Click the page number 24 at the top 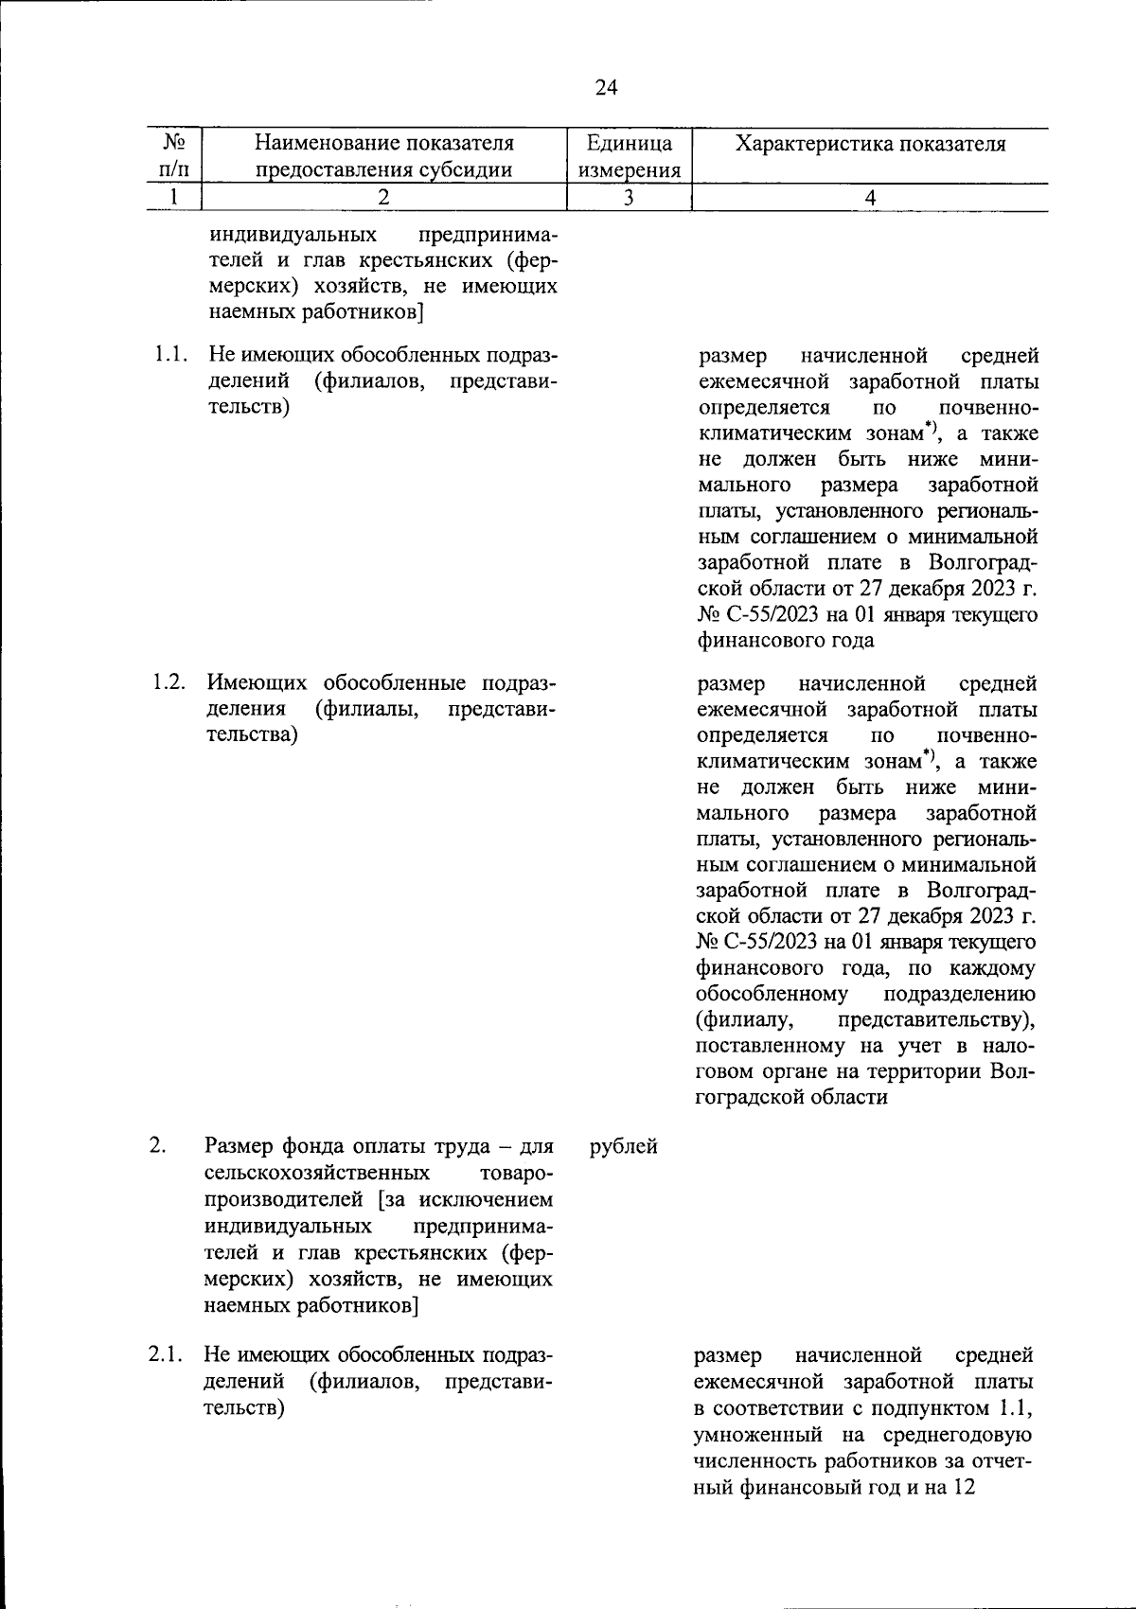pos(606,88)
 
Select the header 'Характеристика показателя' pos(870,144)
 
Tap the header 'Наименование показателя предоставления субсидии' pos(383,156)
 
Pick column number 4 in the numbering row pos(870,198)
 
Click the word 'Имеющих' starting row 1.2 pos(256,683)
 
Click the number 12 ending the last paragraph pos(964,1487)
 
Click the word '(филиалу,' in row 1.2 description pos(742,1020)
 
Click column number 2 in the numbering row pos(383,198)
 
